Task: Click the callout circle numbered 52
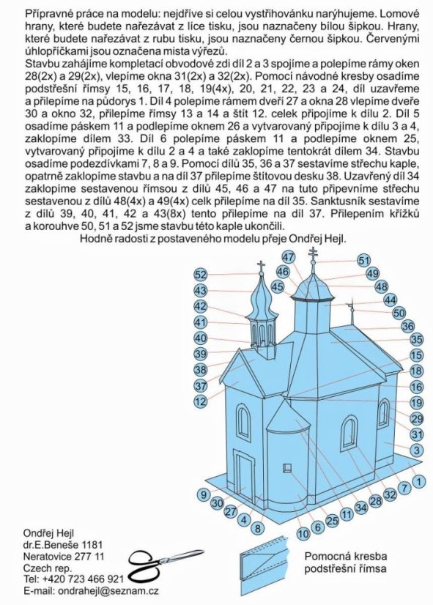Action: [200, 274]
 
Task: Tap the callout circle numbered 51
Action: [364, 260]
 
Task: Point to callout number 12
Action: [200, 402]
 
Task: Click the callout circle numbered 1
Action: [417, 481]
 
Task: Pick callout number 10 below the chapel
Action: [303, 534]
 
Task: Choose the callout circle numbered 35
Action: [416, 340]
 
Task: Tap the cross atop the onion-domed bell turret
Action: [261, 267]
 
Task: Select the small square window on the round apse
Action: [288, 467]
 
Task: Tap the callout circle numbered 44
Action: [391, 300]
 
